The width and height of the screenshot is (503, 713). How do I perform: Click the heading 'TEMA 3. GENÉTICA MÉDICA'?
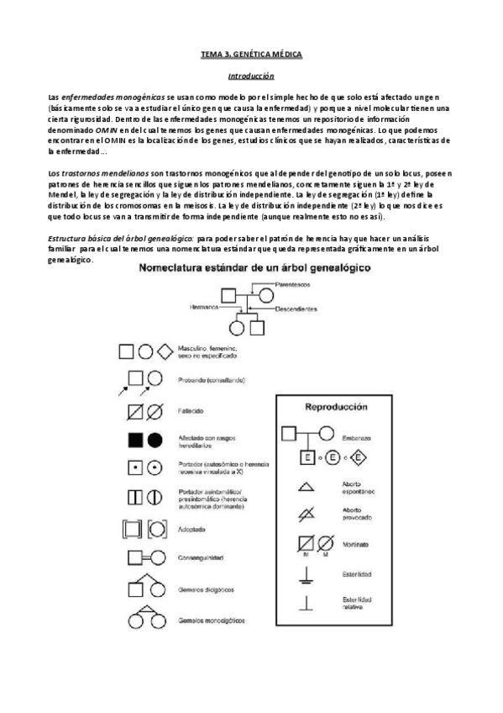click(x=251, y=54)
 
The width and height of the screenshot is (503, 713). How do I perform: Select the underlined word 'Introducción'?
click(x=251, y=75)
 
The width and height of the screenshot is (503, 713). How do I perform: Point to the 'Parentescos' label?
click(x=292, y=284)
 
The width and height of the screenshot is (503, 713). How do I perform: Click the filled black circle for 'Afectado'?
click(x=155, y=440)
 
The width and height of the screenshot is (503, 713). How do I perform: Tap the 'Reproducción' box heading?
click(x=335, y=406)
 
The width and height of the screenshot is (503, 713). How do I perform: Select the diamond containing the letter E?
click(x=356, y=457)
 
